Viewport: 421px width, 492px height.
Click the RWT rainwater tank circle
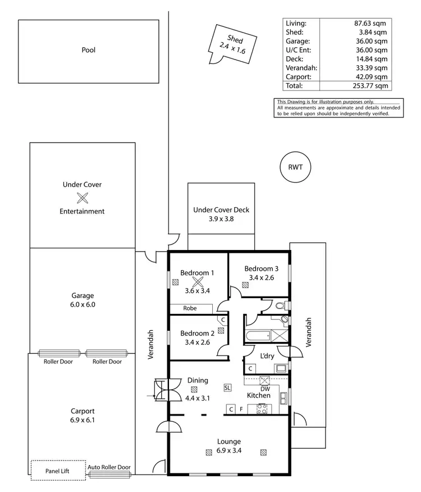coord(295,167)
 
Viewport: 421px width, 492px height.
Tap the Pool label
coord(88,50)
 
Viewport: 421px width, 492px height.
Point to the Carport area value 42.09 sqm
coord(373,76)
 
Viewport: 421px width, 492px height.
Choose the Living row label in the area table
coord(296,24)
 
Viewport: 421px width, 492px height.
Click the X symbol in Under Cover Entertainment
coord(83,198)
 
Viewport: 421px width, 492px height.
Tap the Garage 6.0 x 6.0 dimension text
coord(83,304)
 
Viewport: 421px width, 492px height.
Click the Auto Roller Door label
coord(109,467)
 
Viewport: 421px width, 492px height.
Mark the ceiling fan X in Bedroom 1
coord(197,283)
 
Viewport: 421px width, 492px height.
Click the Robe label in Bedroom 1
coord(190,308)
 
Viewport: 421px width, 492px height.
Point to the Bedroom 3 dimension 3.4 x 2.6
coord(261,277)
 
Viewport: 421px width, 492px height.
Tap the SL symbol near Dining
coord(227,388)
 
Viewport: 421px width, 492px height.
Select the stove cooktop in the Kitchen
coord(262,409)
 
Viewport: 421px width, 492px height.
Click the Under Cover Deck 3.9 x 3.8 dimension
coord(221,219)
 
